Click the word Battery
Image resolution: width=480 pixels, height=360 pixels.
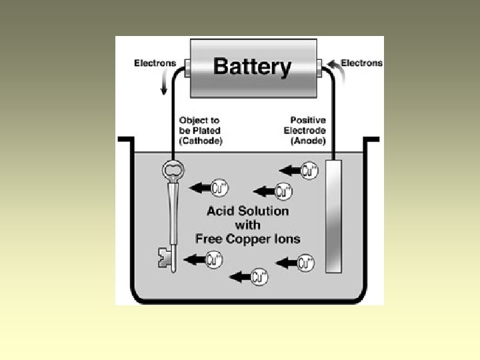pos(252,67)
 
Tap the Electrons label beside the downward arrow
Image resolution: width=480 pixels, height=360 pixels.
pos(155,63)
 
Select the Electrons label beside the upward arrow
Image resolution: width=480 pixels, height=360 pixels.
pos(361,63)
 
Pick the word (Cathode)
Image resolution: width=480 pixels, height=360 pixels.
pos(201,141)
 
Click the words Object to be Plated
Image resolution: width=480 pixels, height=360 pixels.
pos(201,126)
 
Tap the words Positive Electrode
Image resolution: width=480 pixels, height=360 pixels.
pos(304,126)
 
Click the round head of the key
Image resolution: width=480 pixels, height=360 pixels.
pos(173,171)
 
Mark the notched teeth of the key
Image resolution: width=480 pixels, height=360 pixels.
pos(164,258)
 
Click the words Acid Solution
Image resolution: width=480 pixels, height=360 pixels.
pos(247,211)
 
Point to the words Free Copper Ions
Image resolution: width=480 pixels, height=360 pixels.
pos(247,238)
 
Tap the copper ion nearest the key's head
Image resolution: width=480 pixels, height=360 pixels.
pos(219,189)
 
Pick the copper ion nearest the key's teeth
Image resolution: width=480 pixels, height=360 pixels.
pos(214,259)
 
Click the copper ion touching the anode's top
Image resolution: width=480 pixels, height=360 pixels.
pos(309,170)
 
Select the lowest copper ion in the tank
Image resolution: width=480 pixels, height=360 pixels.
pos(259,277)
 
